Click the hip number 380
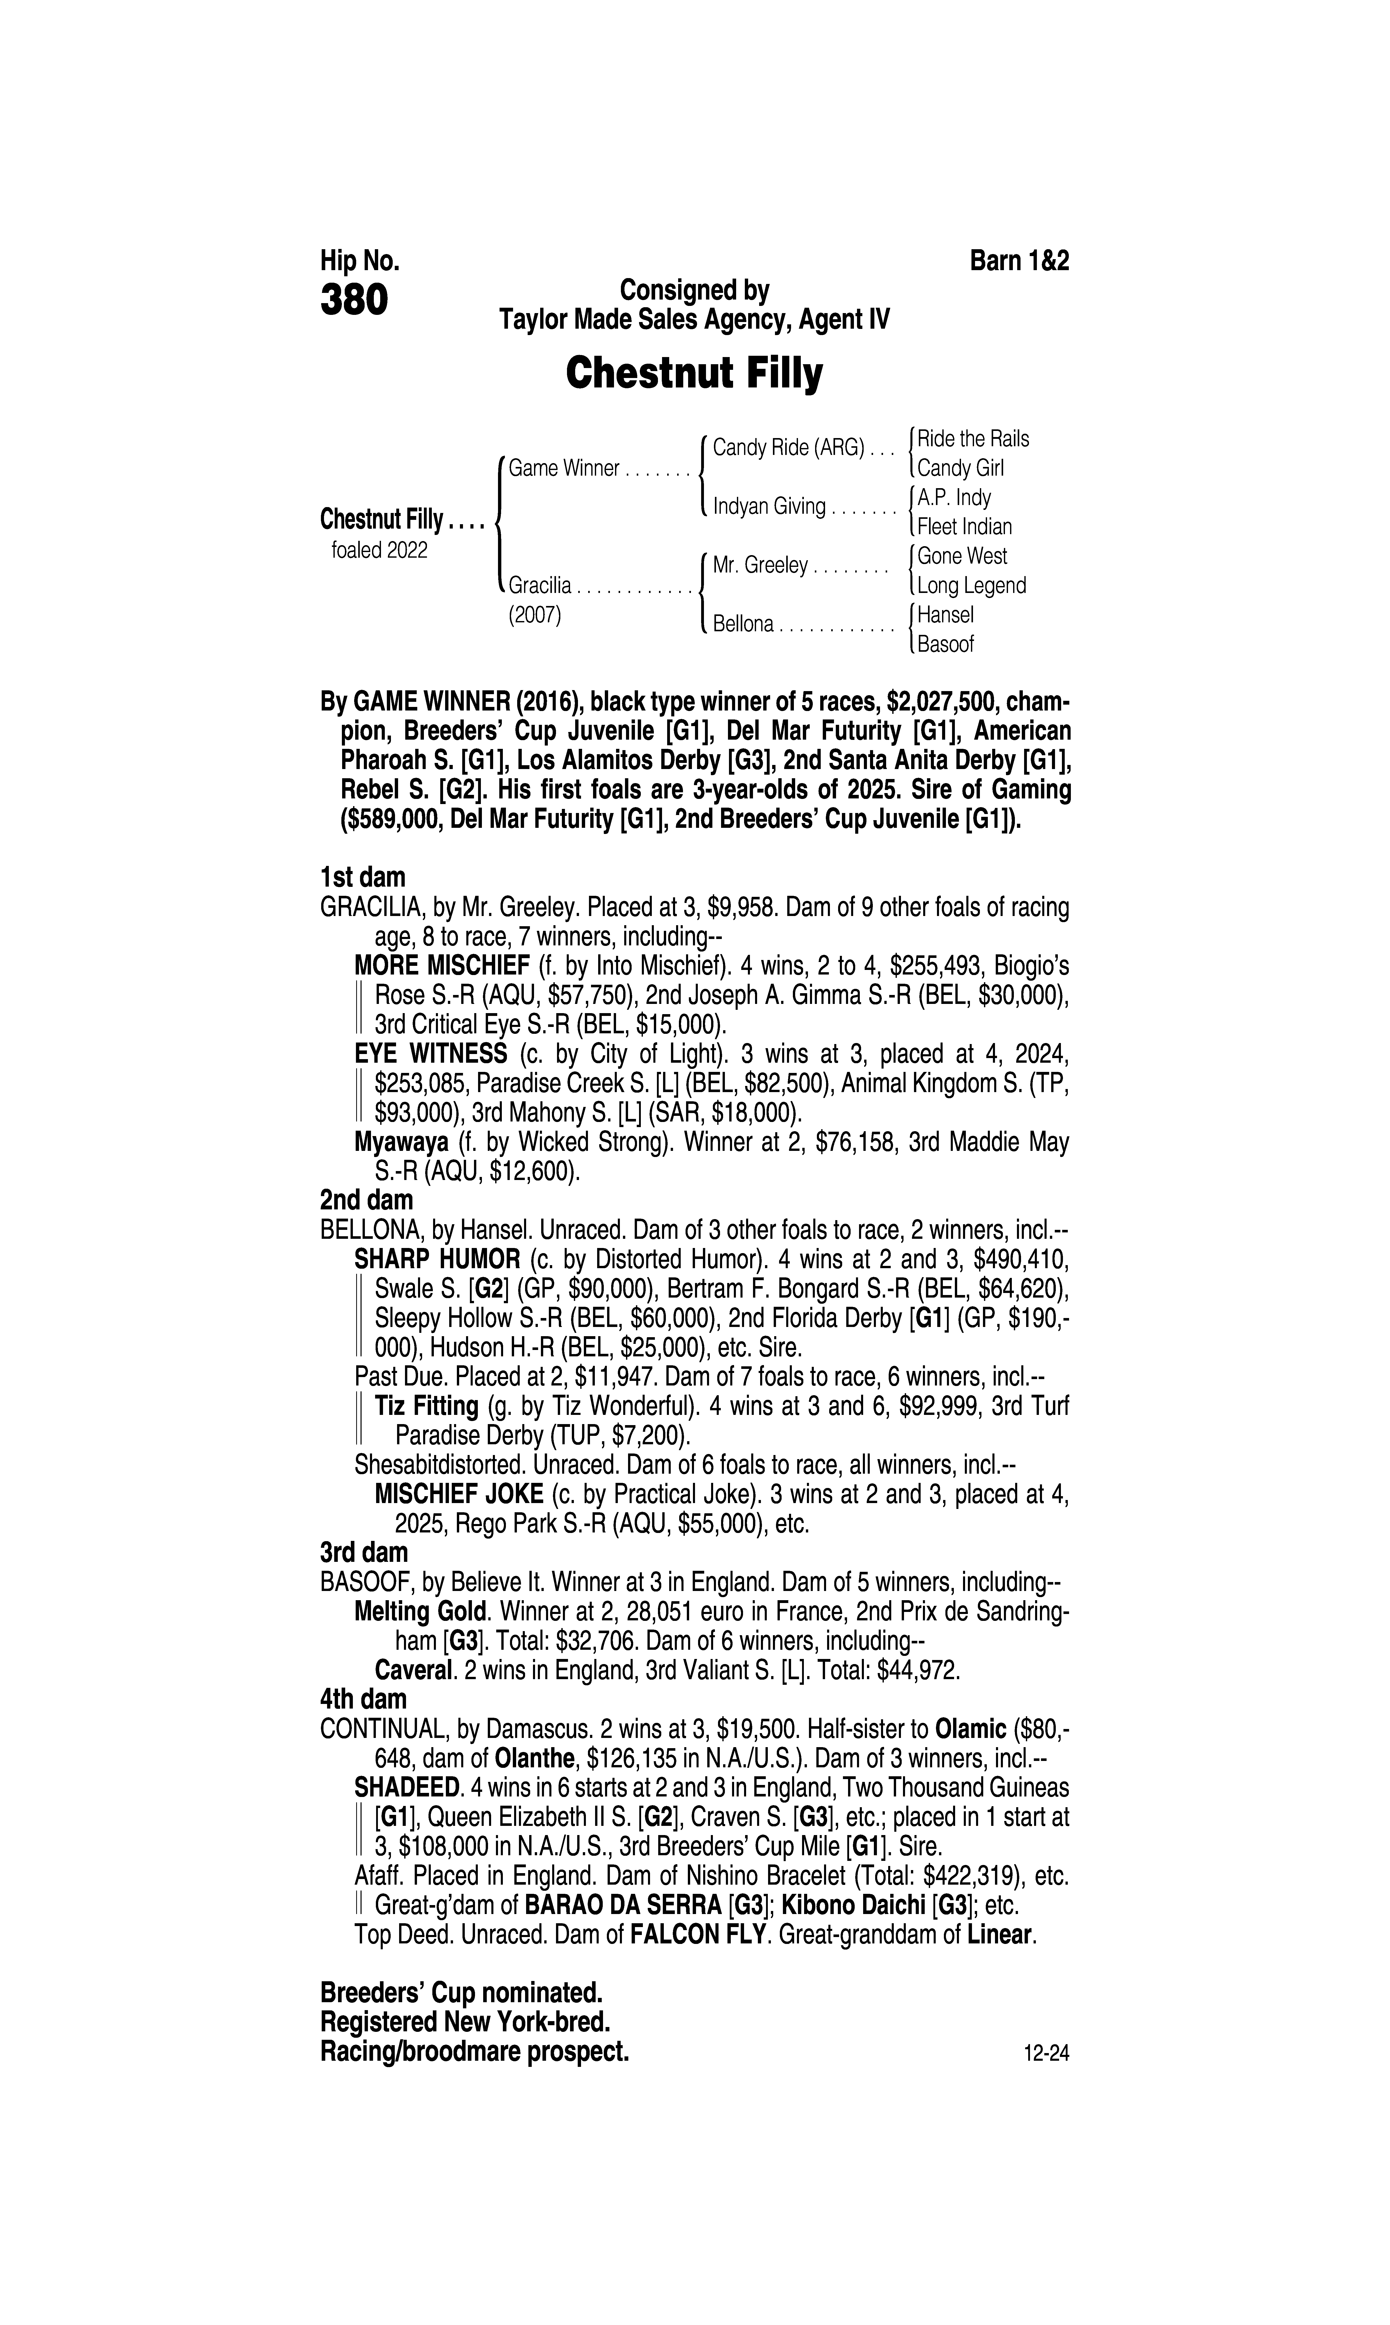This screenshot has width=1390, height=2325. coord(354,301)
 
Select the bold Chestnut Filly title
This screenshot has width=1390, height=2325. coord(694,374)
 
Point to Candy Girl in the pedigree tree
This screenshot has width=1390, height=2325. coord(960,468)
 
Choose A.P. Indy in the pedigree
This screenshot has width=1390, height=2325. coord(954,497)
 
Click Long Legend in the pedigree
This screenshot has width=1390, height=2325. coord(971,586)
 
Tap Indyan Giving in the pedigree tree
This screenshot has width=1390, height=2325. coord(769,507)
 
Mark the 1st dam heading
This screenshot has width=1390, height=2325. coord(363,878)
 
